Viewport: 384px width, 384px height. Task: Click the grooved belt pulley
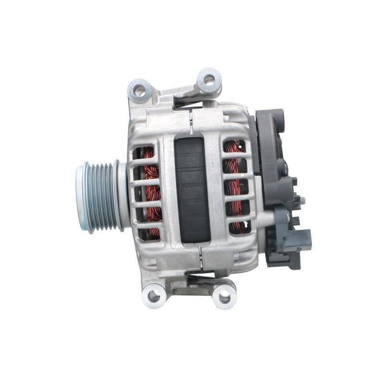[x=103, y=197]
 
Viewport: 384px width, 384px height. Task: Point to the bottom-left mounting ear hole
[x=154, y=295]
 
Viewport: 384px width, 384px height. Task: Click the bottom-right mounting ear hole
[x=224, y=296]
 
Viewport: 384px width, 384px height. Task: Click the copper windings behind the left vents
[x=153, y=192]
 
